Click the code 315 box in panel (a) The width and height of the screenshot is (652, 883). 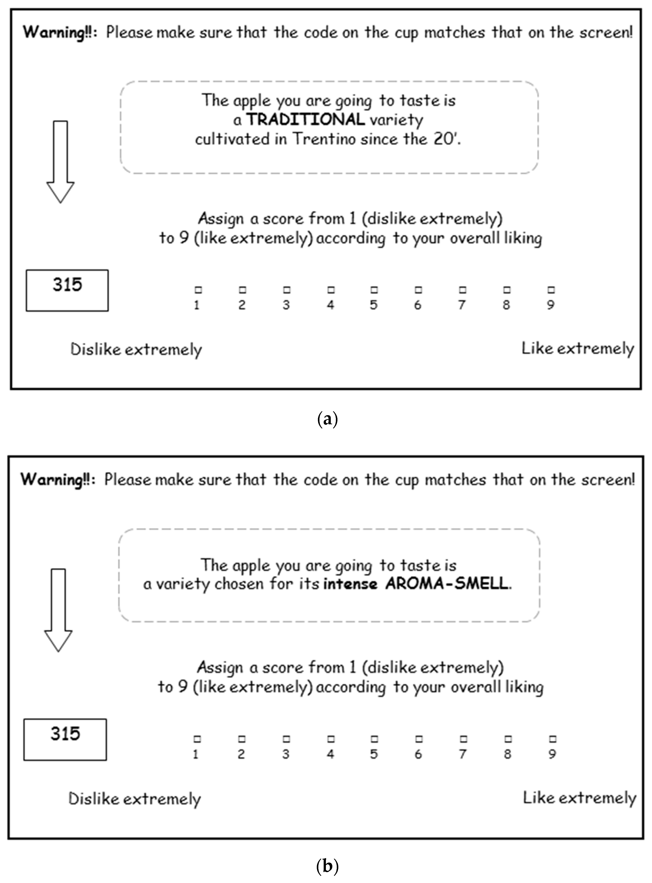point(67,290)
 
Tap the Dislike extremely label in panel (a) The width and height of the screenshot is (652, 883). point(136,349)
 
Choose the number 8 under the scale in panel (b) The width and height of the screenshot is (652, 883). point(507,754)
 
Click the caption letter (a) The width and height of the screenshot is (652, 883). point(327,419)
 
